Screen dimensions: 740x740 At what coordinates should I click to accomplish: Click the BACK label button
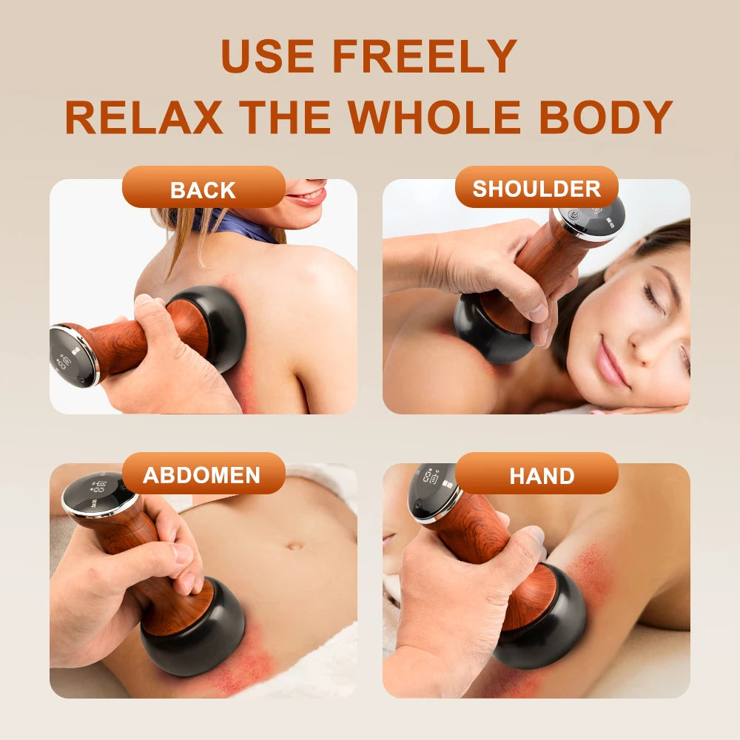203,189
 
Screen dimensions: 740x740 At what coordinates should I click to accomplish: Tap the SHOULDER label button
536,188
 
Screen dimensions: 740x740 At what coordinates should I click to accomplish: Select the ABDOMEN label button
202,475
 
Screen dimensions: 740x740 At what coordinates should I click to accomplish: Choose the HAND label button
541,475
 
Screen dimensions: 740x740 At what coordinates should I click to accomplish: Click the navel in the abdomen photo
295,546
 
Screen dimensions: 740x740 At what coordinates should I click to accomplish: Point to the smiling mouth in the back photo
307,197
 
